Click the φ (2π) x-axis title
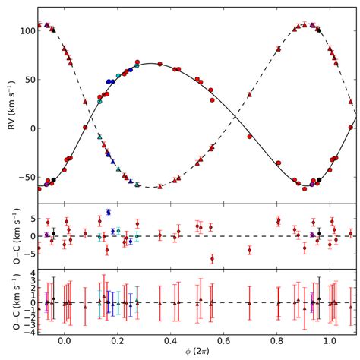(197, 352)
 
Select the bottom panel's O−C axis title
(9, 302)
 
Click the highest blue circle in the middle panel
(109, 213)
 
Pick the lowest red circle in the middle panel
(212, 258)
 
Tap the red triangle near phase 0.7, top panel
(249, 95)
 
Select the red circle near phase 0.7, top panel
(249, 137)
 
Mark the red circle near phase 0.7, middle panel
(249, 250)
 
